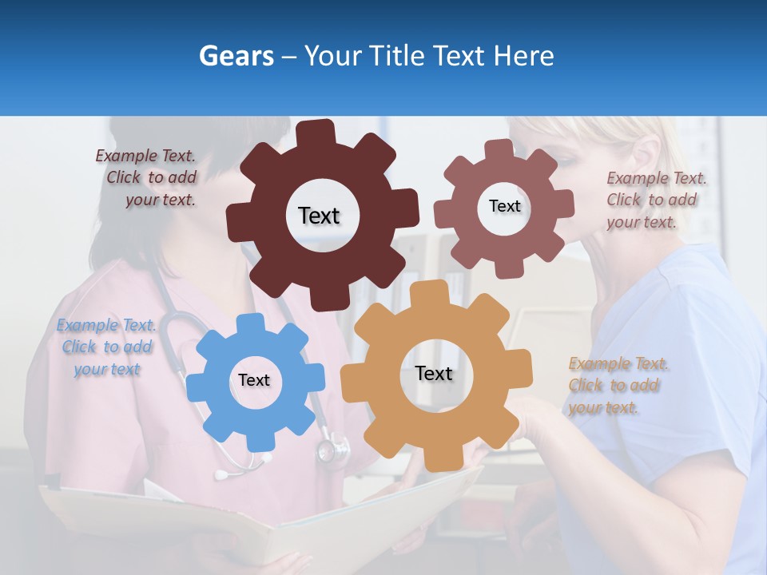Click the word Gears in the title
[x=236, y=56]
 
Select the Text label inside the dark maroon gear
[x=319, y=216]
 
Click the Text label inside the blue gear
[x=254, y=380]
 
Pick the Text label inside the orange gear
[x=434, y=373]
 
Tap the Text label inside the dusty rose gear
[x=504, y=206]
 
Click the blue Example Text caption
[x=106, y=347]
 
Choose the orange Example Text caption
[x=618, y=386]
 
